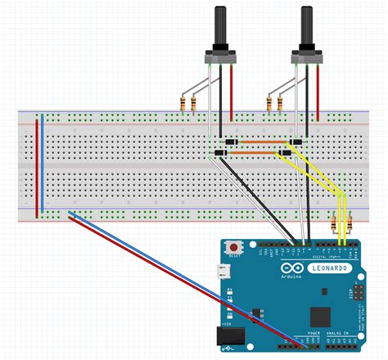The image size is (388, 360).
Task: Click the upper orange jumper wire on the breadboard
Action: [x=260, y=143]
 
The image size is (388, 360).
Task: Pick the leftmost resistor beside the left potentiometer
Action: [x=181, y=102]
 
